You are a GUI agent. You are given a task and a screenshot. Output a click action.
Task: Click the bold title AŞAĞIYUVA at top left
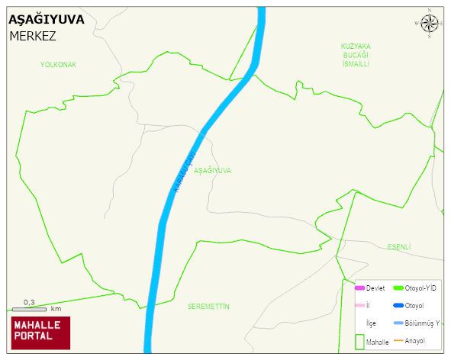pos(46,20)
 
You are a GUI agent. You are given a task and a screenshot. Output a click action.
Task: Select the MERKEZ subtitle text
pos(33,36)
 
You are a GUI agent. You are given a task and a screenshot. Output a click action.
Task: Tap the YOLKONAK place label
pos(58,65)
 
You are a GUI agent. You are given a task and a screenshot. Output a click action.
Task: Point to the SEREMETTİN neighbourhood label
pos(208,306)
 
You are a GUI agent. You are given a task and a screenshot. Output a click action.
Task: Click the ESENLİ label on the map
pos(399,246)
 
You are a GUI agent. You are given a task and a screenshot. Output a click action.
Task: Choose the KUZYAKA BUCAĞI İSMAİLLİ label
pos(355,55)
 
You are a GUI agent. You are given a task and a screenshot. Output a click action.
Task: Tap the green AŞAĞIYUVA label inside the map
pos(212,171)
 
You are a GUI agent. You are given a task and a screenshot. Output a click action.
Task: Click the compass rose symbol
pos(430,24)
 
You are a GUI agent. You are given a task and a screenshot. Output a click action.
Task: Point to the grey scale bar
pos(29,310)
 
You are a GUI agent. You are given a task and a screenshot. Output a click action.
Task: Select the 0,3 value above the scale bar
pos(29,303)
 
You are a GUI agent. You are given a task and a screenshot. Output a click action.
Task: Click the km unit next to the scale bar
pos(56,310)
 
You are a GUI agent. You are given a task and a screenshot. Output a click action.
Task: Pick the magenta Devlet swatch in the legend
pos(360,288)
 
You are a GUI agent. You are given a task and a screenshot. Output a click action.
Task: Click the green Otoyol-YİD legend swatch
pos(398,288)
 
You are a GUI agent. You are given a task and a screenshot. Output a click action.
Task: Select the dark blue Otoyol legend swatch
pos(398,306)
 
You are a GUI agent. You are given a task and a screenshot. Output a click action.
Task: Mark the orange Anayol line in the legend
pos(398,340)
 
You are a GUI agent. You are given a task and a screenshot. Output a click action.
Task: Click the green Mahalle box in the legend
pos(359,342)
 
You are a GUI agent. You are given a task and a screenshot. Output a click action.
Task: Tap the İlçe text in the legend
pos(372,323)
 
